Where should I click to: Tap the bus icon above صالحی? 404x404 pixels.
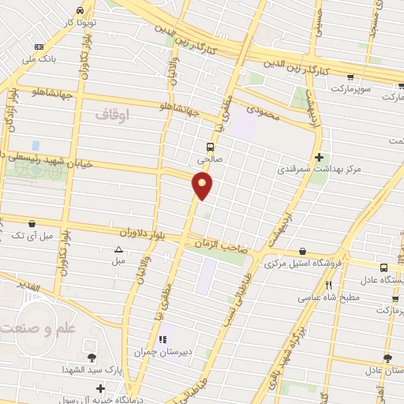(x=211, y=146)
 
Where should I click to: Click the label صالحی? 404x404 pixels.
(x=211, y=159)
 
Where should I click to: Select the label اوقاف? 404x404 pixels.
(x=111, y=114)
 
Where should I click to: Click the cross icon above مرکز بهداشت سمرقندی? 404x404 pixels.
(x=319, y=156)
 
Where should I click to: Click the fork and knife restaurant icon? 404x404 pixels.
(x=329, y=285)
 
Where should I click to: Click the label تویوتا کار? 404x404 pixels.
(x=80, y=22)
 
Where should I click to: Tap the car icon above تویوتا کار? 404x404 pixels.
(x=80, y=9)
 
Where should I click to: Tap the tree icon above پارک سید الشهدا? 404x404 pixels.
(x=92, y=358)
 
